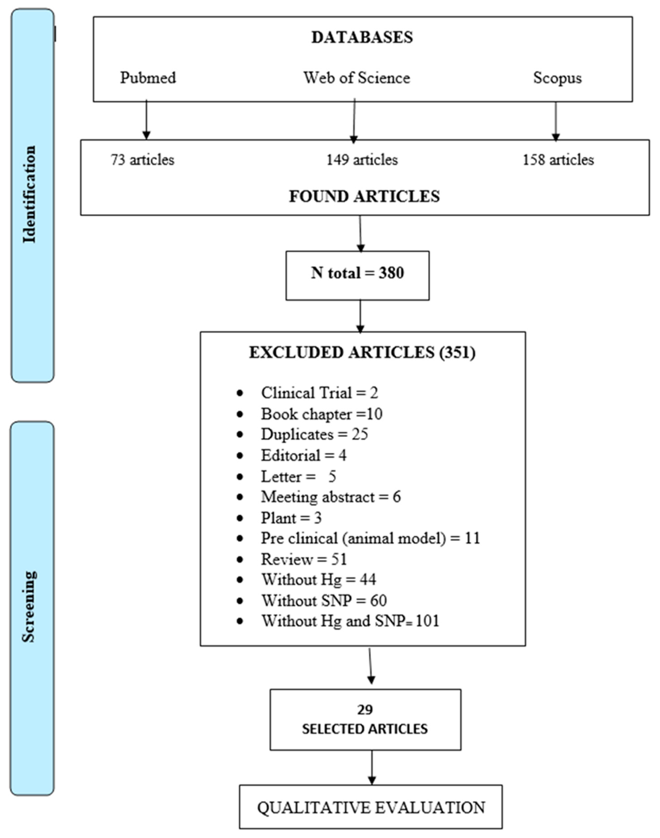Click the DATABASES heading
tap(362, 37)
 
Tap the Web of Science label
tap(356, 78)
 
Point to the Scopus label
tap(557, 78)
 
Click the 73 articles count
tap(143, 160)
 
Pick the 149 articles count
tap(362, 160)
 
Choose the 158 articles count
tap(558, 160)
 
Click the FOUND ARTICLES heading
tap(364, 196)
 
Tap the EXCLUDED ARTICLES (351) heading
tap(362, 353)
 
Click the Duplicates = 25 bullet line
tap(314, 434)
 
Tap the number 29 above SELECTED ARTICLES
tap(365, 710)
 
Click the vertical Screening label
tap(29, 607)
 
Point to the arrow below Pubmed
tap(146, 120)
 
